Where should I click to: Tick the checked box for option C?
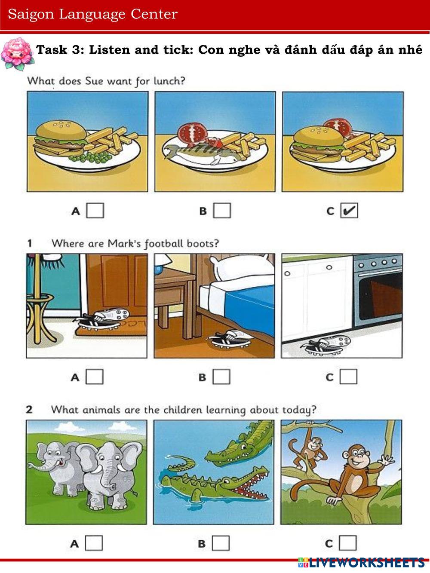click(349, 211)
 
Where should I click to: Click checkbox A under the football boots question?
click(95, 377)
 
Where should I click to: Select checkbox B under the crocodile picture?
click(221, 543)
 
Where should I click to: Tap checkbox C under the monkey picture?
click(348, 543)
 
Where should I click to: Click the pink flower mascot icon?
click(17, 54)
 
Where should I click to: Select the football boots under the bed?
click(230, 339)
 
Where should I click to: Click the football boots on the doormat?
click(101, 319)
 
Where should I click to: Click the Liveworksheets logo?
click(361, 563)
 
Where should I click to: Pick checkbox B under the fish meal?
click(222, 210)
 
